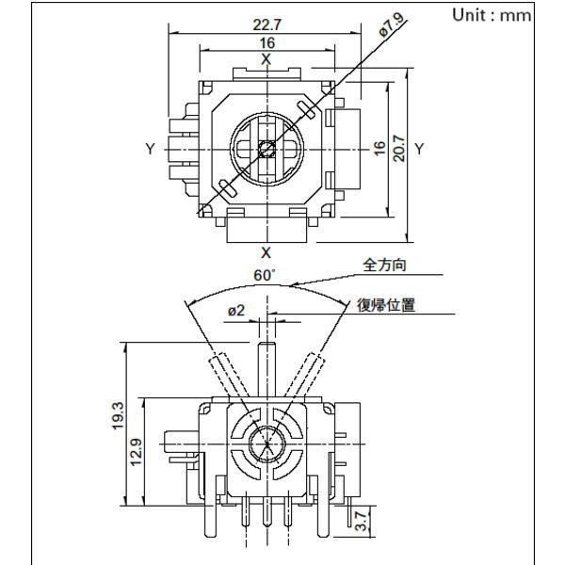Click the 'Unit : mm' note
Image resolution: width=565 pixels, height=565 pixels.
[x=492, y=15]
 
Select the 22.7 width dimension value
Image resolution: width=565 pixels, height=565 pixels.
[x=266, y=25]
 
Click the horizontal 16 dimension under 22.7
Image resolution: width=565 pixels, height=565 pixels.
[x=266, y=43]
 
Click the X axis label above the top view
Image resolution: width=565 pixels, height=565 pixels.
[x=266, y=59]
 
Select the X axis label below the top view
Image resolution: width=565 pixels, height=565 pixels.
[x=266, y=252]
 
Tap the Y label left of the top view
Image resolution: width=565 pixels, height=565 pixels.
[x=151, y=149]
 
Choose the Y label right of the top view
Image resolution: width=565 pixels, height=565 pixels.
[x=420, y=149]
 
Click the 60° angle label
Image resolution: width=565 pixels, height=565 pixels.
[x=266, y=276]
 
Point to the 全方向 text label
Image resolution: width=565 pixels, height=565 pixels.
[x=385, y=266]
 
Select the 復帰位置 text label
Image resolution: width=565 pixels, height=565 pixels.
[x=385, y=305]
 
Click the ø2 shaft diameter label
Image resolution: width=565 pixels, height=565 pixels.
[x=235, y=311]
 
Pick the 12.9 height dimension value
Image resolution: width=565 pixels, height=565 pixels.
[x=137, y=452]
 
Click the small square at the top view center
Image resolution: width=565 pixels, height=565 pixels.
[x=266, y=149]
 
